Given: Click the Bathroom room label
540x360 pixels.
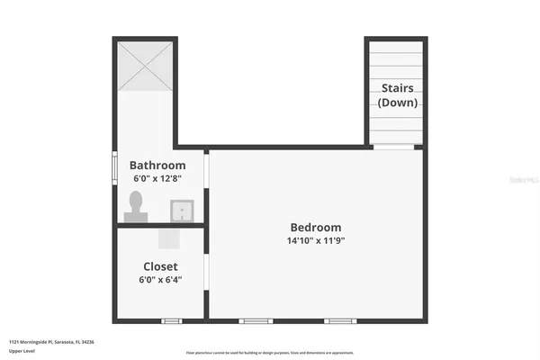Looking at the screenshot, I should (x=157, y=165).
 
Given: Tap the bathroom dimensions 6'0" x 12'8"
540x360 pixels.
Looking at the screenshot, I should (x=157, y=178).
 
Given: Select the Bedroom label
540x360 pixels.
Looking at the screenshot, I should (x=315, y=227).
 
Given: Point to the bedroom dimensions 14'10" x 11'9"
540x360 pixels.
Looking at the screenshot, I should (x=315, y=240).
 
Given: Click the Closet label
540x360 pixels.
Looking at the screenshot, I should (x=160, y=266).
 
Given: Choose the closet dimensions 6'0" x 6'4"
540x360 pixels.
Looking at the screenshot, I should (x=160, y=280).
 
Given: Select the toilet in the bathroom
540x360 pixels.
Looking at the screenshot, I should (x=136, y=210).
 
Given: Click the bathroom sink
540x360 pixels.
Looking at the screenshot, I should (x=183, y=211).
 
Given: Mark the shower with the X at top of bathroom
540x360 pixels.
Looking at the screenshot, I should (x=144, y=66).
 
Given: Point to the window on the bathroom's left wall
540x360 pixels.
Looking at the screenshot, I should (x=114, y=167).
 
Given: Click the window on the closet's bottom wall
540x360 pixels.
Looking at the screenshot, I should (x=170, y=320).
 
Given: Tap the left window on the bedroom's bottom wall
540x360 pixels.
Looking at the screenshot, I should (x=256, y=320).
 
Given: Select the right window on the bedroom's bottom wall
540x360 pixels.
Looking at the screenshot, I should (x=340, y=320).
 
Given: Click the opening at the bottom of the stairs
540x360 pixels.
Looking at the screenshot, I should (x=394, y=147).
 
